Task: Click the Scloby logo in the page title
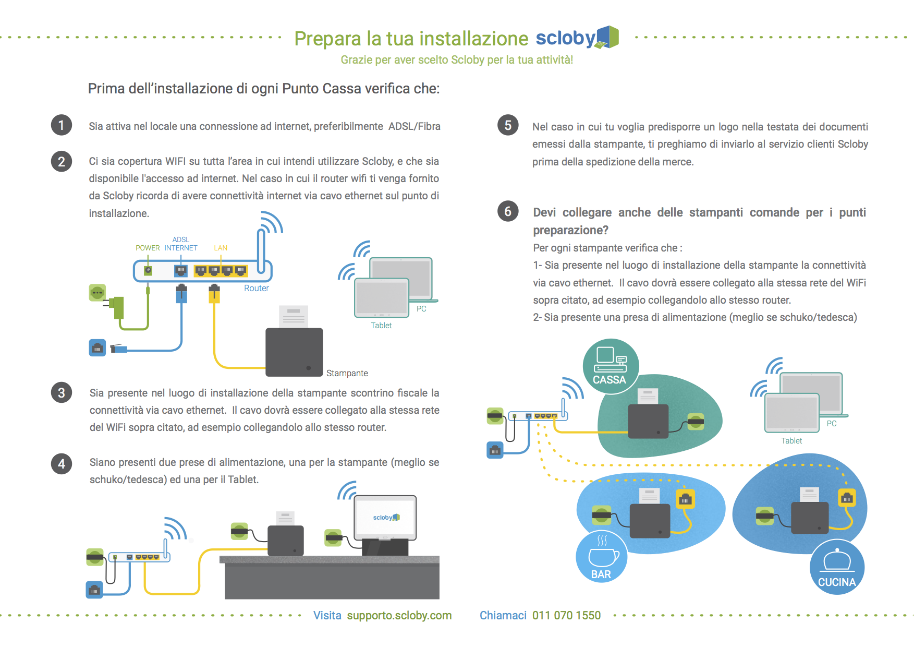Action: coord(577,38)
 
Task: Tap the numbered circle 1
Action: coord(62,125)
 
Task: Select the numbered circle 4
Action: coord(62,463)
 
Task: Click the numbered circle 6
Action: coord(508,211)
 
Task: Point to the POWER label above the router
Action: coord(148,248)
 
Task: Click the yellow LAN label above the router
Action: coord(221,248)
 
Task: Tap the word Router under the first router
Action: coord(257,288)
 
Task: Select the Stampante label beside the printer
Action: coord(347,373)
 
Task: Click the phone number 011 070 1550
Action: coord(566,616)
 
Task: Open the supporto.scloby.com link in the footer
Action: coord(399,616)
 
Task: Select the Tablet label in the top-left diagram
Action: coord(381,326)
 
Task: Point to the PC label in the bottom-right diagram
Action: coord(832,424)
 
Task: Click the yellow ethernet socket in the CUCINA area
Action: coord(847,499)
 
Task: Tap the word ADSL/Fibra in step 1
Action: coord(414,126)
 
